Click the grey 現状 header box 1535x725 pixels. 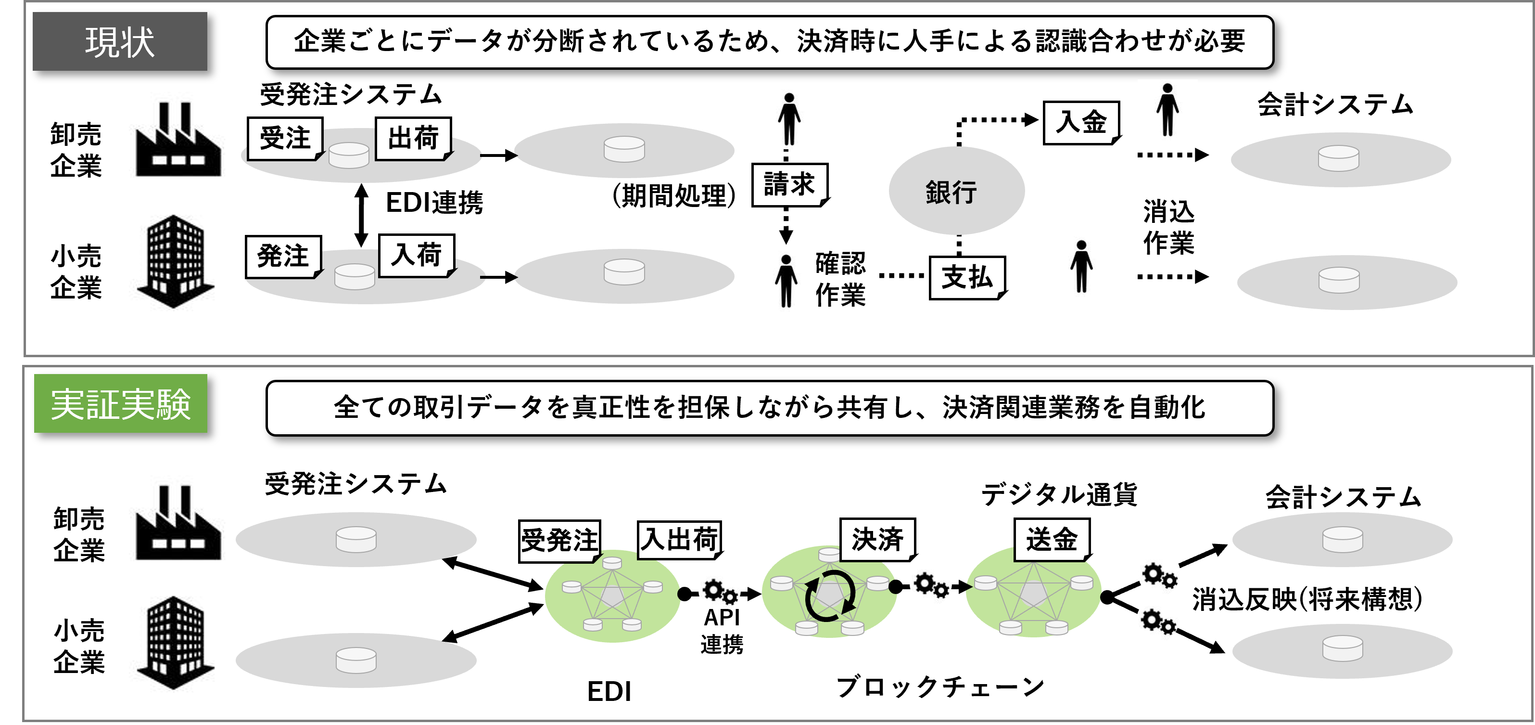(120, 42)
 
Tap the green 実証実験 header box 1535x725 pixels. (120, 403)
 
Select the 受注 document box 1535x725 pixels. (285, 138)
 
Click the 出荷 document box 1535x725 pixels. (413, 138)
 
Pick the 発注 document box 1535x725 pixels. (283, 257)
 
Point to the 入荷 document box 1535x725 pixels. (417, 255)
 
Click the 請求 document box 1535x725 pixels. (789, 184)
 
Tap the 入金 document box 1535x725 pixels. (1081, 122)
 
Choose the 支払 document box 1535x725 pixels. (966, 277)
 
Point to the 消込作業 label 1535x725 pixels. (1168, 227)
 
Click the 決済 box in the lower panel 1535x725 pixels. (877, 539)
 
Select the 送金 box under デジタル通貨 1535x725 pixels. (1052, 540)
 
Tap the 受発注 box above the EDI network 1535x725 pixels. (559, 541)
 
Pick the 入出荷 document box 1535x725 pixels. (679, 540)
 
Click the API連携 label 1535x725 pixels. (722, 631)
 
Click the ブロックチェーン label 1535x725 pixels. (940, 687)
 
